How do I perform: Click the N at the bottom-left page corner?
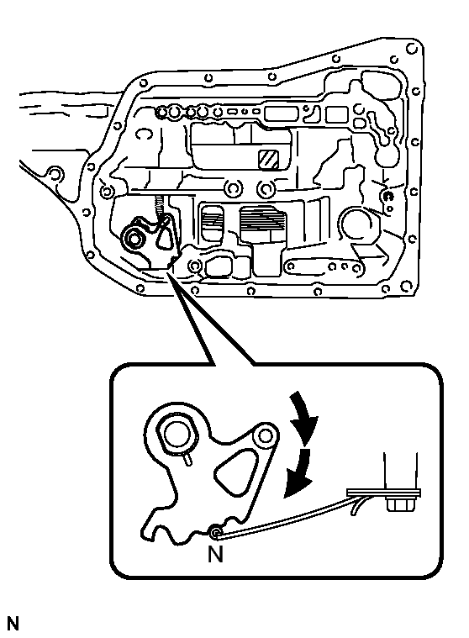click(x=13, y=624)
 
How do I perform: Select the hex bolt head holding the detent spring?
click(x=396, y=506)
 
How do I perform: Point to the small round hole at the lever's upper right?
click(x=266, y=435)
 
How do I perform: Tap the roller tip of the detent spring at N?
click(x=217, y=531)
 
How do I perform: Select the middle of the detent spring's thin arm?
click(x=286, y=514)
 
